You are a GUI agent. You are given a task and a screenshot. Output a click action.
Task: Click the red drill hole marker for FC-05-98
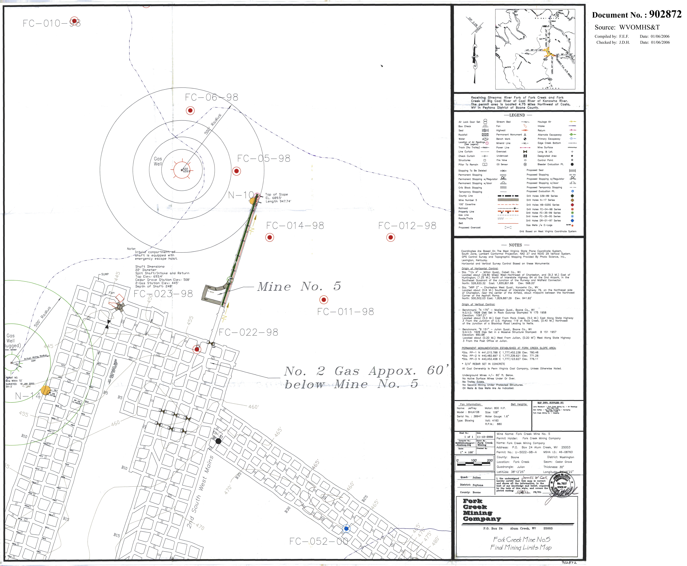[x=236, y=171]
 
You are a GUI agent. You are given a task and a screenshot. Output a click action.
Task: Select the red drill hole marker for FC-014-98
[x=269, y=237]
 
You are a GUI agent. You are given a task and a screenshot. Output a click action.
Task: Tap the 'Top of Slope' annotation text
[x=277, y=194]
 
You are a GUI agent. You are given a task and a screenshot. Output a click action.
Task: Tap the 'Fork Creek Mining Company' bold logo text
[x=481, y=510]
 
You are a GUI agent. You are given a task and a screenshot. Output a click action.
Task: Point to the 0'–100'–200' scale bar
[x=475, y=462]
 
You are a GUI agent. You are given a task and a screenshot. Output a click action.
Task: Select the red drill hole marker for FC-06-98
[x=190, y=111]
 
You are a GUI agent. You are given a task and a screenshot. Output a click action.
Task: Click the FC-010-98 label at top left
[x=51, y=23]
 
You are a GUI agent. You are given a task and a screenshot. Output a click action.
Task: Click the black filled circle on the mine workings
[x=218, y=441]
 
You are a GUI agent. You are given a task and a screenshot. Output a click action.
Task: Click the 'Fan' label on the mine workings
[x=111, y=293]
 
